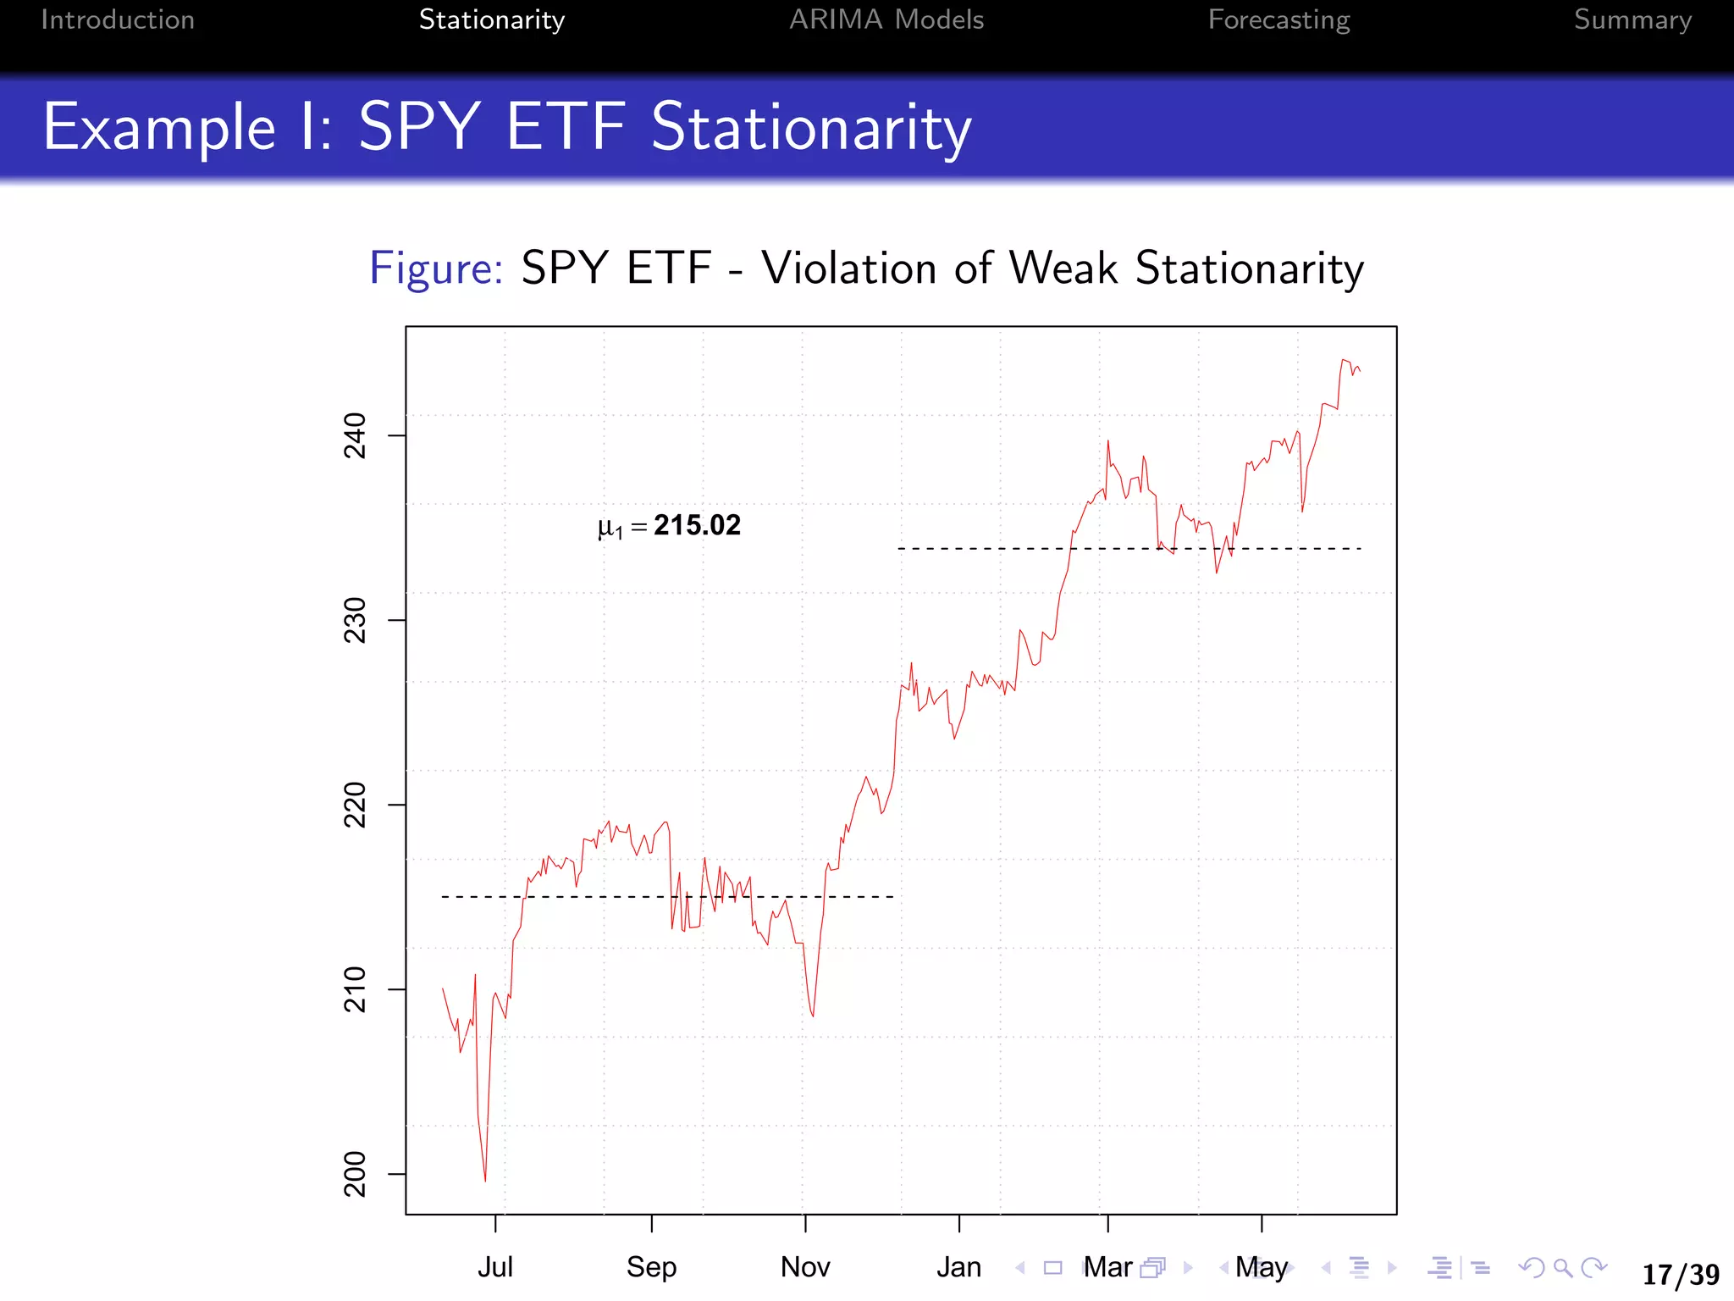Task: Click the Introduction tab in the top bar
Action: pyautogui.click(x=118, y=20)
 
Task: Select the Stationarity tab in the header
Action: pyautogui.click(x=491, y=20)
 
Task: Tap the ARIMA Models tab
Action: pyautogui.click(x=886, y=20)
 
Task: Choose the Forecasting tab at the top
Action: pyautogui.click(x=1278, y=20)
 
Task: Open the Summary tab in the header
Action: pyautogui.click(x=1632, y=20)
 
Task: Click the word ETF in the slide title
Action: pyautogui.click(x=566, y=127)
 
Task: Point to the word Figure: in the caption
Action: pyautogui.click(x=436, y=269)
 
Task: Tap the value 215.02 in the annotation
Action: pyautogui.click(x=697, y=525)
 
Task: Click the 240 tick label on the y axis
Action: pyautogui.click(x=355, y=435)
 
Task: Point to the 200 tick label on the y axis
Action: pyautogui.click(x=355, y=1174)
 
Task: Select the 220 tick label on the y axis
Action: pyautogui.click(x=355, y=805)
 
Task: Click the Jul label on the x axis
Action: pyautogui.click(x=495, y=1267)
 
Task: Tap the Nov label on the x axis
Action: pyautogui.click(x=805, y=1267)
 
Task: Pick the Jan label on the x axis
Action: pyautogui.click(x=959, y=1267)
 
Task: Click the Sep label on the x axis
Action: pyautogui.click(x=651, y=1267)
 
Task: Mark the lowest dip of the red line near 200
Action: pyautogui.click(x=485, y=1180)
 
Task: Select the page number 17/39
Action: pyautogui.click(x=1680, y=1274)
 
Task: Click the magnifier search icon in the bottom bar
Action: pyautogui.click(x=1563, y=1268)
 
